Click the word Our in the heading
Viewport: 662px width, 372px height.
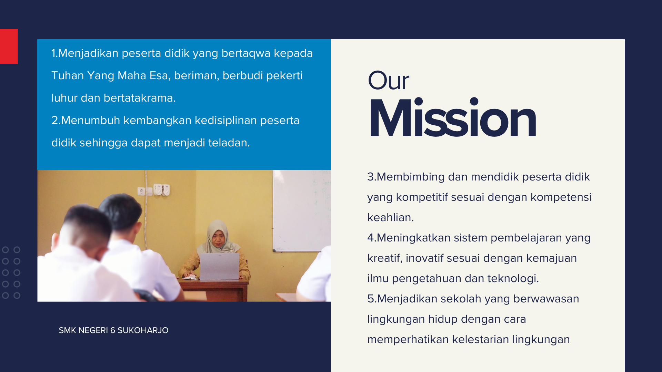[x=389, y=81]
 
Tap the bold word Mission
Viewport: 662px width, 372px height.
[x=453, y=118]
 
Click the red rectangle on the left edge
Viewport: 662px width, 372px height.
[x=9, y=46]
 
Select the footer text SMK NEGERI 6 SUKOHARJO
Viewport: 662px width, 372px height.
[x=113, y=330]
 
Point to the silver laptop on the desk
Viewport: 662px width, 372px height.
[x=220, y=266]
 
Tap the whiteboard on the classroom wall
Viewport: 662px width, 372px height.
[x=302, y=210]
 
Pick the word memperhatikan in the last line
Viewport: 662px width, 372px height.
[x=408, y=340]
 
